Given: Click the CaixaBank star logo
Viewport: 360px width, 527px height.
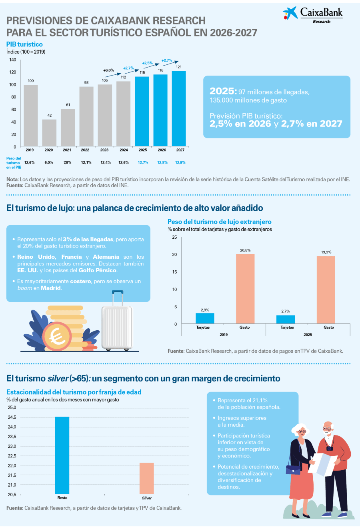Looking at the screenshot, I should point(290,13).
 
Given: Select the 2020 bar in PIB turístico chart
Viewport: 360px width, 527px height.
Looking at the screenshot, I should point(49,133).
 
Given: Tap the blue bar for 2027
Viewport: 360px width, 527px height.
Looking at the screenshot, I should point(179,108).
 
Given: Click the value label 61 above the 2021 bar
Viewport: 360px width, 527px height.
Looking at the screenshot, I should point(68,105).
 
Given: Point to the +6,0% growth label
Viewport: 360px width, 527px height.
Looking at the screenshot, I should point(108,70).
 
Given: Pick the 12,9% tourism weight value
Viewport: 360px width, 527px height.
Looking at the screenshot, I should point(180,162).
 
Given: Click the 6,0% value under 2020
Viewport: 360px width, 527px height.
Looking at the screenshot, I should point(49,162).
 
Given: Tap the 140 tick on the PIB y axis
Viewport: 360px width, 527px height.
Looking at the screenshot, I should point(13,60).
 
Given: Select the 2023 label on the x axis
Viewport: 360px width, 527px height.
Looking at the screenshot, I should point(104,150).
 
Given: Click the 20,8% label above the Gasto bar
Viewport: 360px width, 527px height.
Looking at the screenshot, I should point(245,250).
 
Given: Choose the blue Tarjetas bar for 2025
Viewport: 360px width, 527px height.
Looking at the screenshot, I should point(286,319).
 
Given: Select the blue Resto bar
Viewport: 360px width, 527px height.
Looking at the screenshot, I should point(62,455).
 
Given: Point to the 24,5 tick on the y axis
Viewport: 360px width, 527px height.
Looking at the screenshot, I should point(12,417).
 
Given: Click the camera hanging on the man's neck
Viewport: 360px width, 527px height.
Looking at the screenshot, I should point(330,448).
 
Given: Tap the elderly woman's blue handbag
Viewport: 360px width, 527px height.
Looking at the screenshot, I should point(293,469).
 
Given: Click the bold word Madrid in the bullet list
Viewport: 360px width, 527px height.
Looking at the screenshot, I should point(51,288).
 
